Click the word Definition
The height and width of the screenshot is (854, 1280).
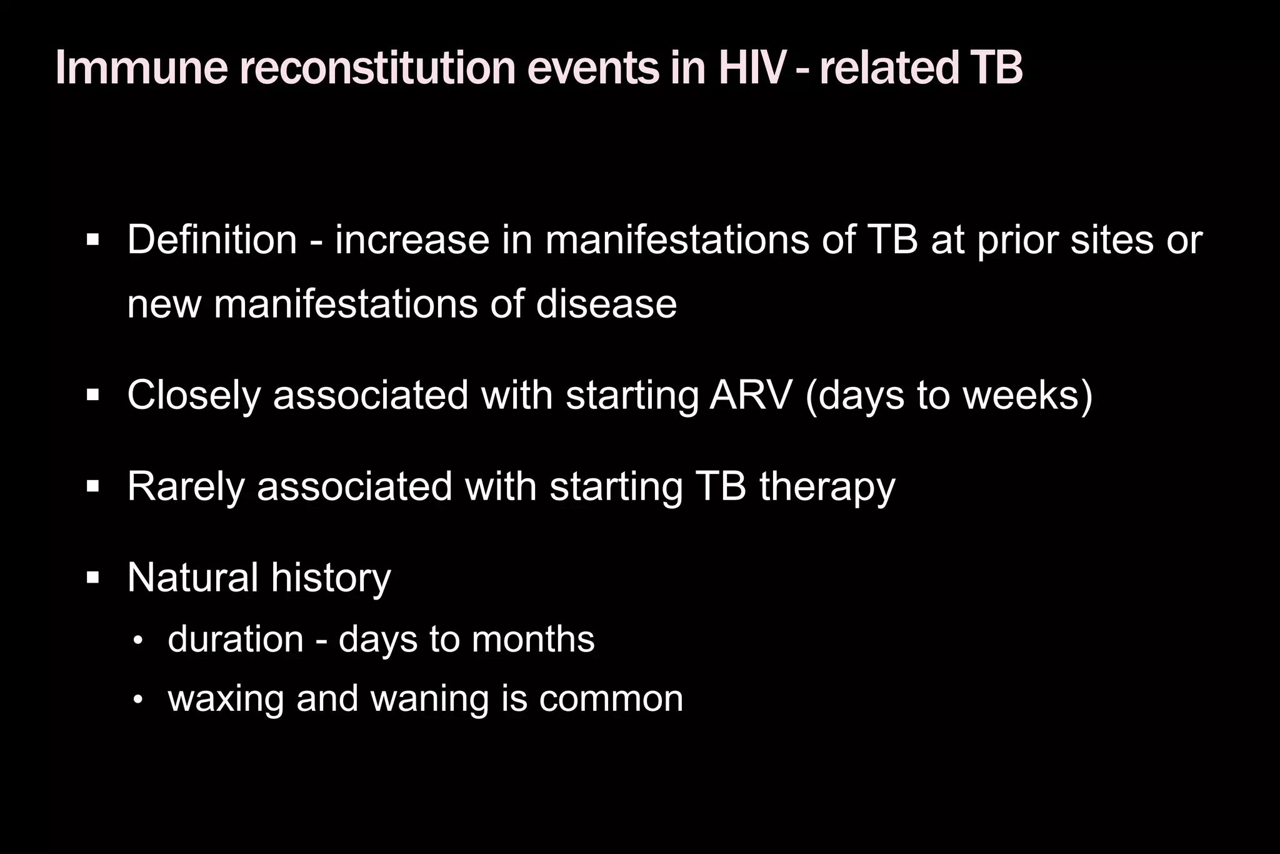pos(212,239)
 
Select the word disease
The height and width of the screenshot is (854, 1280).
pos(606,304)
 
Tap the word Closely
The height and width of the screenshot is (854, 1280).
pos(194,396)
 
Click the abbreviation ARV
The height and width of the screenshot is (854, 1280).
pos(751,395)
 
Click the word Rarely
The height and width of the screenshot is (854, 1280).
pos(186,486)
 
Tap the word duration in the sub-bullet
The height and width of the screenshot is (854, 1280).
pos(236,640)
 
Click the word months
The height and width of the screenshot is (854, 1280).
pos(532,640)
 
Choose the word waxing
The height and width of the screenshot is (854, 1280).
pos(226,700)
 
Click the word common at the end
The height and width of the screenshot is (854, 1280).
pos(611,699)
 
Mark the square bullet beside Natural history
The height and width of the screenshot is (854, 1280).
pos(93,578)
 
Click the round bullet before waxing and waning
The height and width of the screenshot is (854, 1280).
pos(138,700)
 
